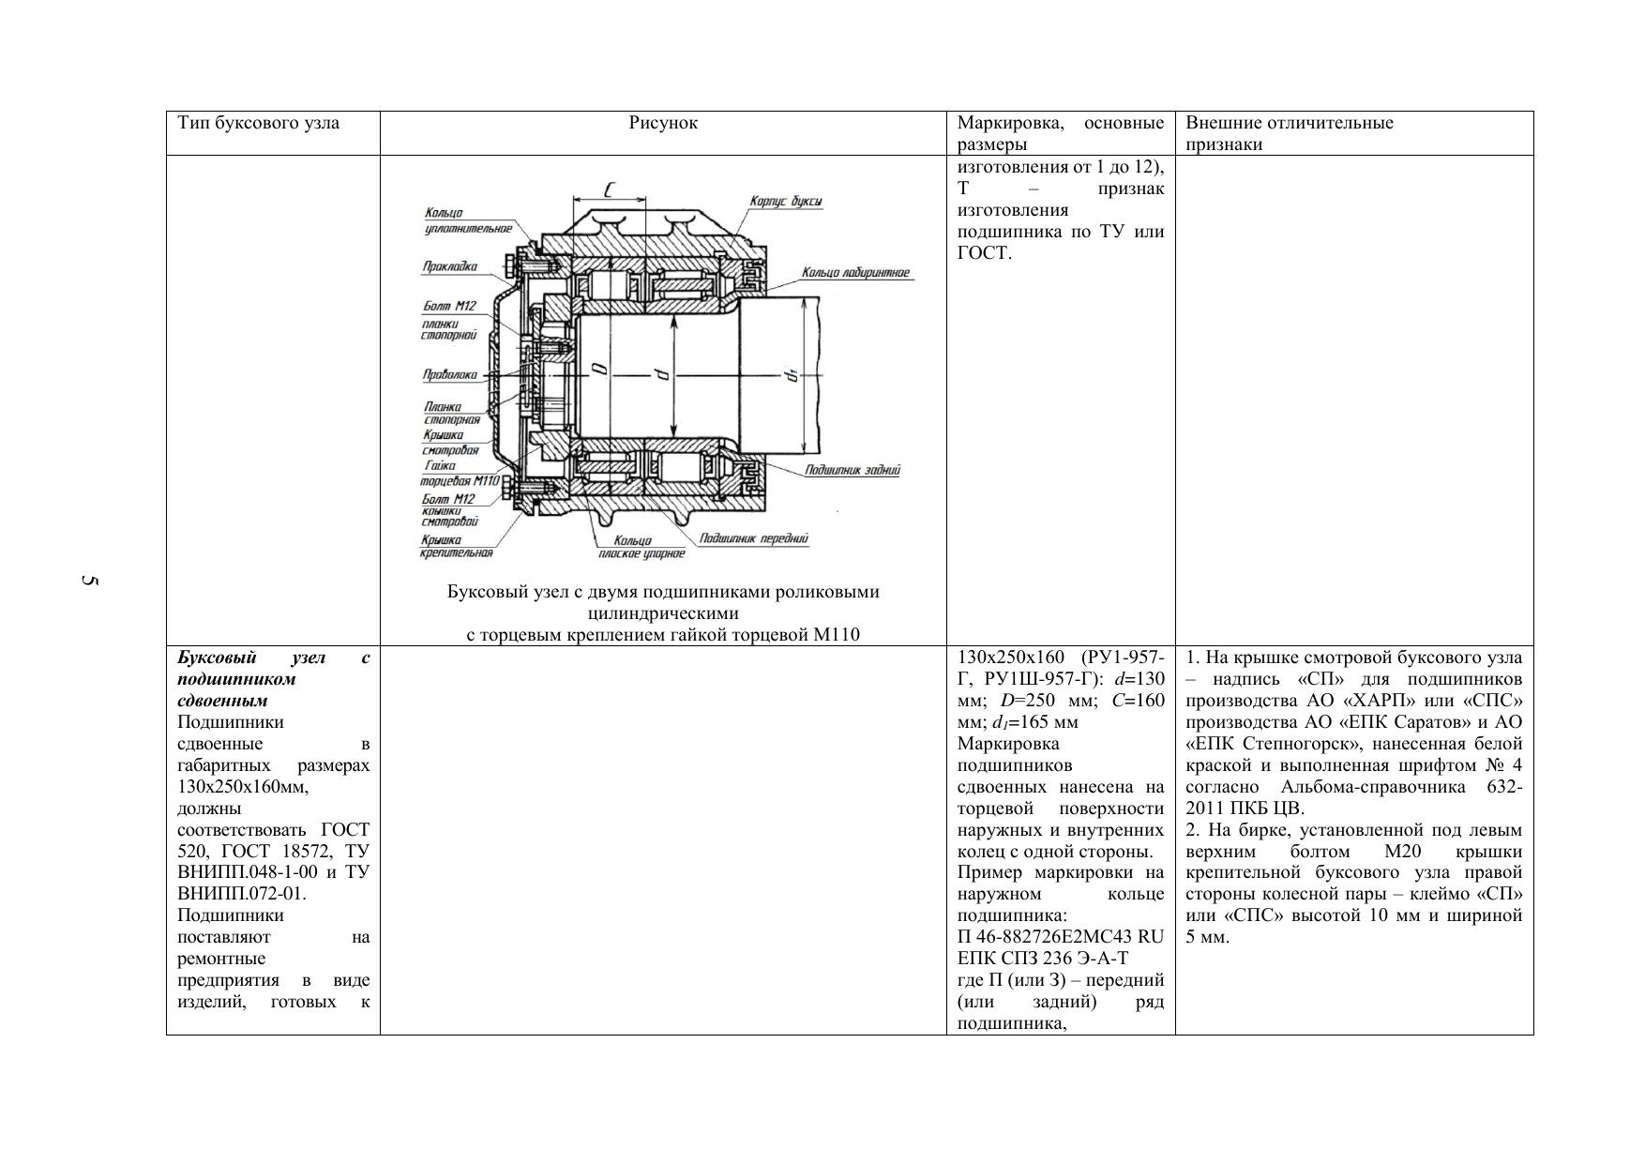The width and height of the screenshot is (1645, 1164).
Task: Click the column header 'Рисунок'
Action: pyautogui.click(x=663, y=123)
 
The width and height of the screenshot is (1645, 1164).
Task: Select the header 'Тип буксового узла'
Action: pyautogui.click(x=259, y=123)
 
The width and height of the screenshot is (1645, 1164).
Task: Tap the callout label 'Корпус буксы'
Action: pyautogui.click(x=786, y=202)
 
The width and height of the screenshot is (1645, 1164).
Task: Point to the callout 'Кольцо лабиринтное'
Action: pyautogui.click(x=855, y=273)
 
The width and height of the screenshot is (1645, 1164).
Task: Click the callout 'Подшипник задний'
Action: pyautogui.click(x=853, y=470)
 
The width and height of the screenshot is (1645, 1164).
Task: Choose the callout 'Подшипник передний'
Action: pyautogui.click(x=753, y=538)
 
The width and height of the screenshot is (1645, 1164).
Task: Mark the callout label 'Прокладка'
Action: pyautogui.click(x=449, y=266)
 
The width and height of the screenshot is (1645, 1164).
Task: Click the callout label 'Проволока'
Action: pyautogui.click(x=449, y=375)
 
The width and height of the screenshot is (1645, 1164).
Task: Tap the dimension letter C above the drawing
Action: pyautogui.click(x=610, y=190)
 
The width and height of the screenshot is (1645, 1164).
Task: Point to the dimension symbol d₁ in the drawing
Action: pyautogui.click(x=792, y=375)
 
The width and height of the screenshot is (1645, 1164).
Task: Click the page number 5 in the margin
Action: pyautogui.click(x=89, y=582)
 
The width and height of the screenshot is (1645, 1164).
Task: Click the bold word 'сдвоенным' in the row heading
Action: pyautogui.click(x=222, y=701)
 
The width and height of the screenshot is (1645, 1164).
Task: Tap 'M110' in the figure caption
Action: pyautogui.click(x=838, y=635)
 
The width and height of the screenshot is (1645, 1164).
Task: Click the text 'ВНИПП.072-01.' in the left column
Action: pyautogui.click(x=242, y=894)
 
